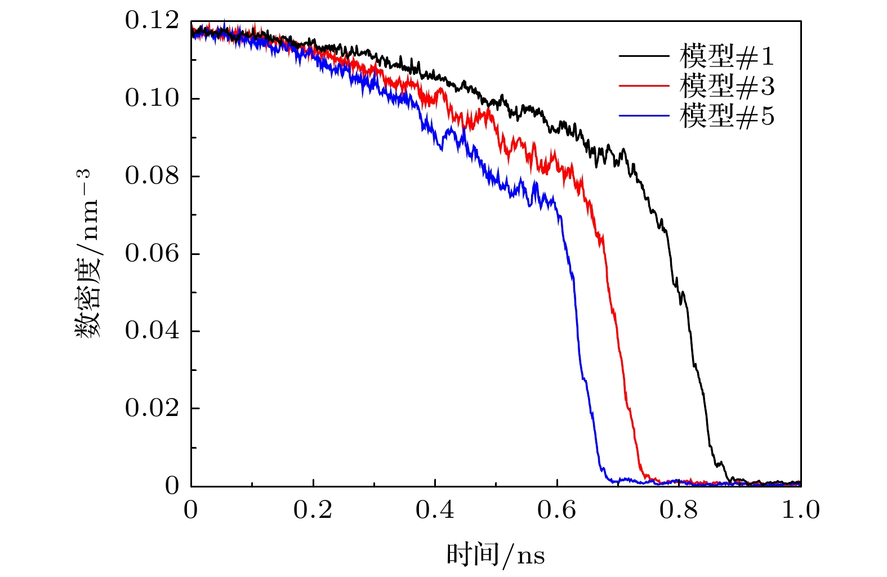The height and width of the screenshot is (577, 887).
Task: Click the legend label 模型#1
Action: click(x=726, y=56)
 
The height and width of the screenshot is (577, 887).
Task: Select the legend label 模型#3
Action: click(x=726, y=86)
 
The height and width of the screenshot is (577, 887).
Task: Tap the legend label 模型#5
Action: click(x=726, y=116)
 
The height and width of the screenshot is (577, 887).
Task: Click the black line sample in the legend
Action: click(x=644, y=56)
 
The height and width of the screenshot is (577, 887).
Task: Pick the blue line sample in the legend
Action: click(x=644, y=116)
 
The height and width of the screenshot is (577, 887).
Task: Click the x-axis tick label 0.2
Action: click(x=313, y=511)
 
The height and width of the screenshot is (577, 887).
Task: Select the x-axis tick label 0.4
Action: click(x=435, y=511)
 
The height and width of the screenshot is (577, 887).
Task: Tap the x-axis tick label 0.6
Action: click(x=556, y=511)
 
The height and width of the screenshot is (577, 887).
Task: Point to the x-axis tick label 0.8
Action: click(x=679, y=511)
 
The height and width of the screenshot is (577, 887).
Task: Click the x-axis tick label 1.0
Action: click(x=800, y=511)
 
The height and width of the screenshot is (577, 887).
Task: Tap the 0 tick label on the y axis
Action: click(x=172, y=486)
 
